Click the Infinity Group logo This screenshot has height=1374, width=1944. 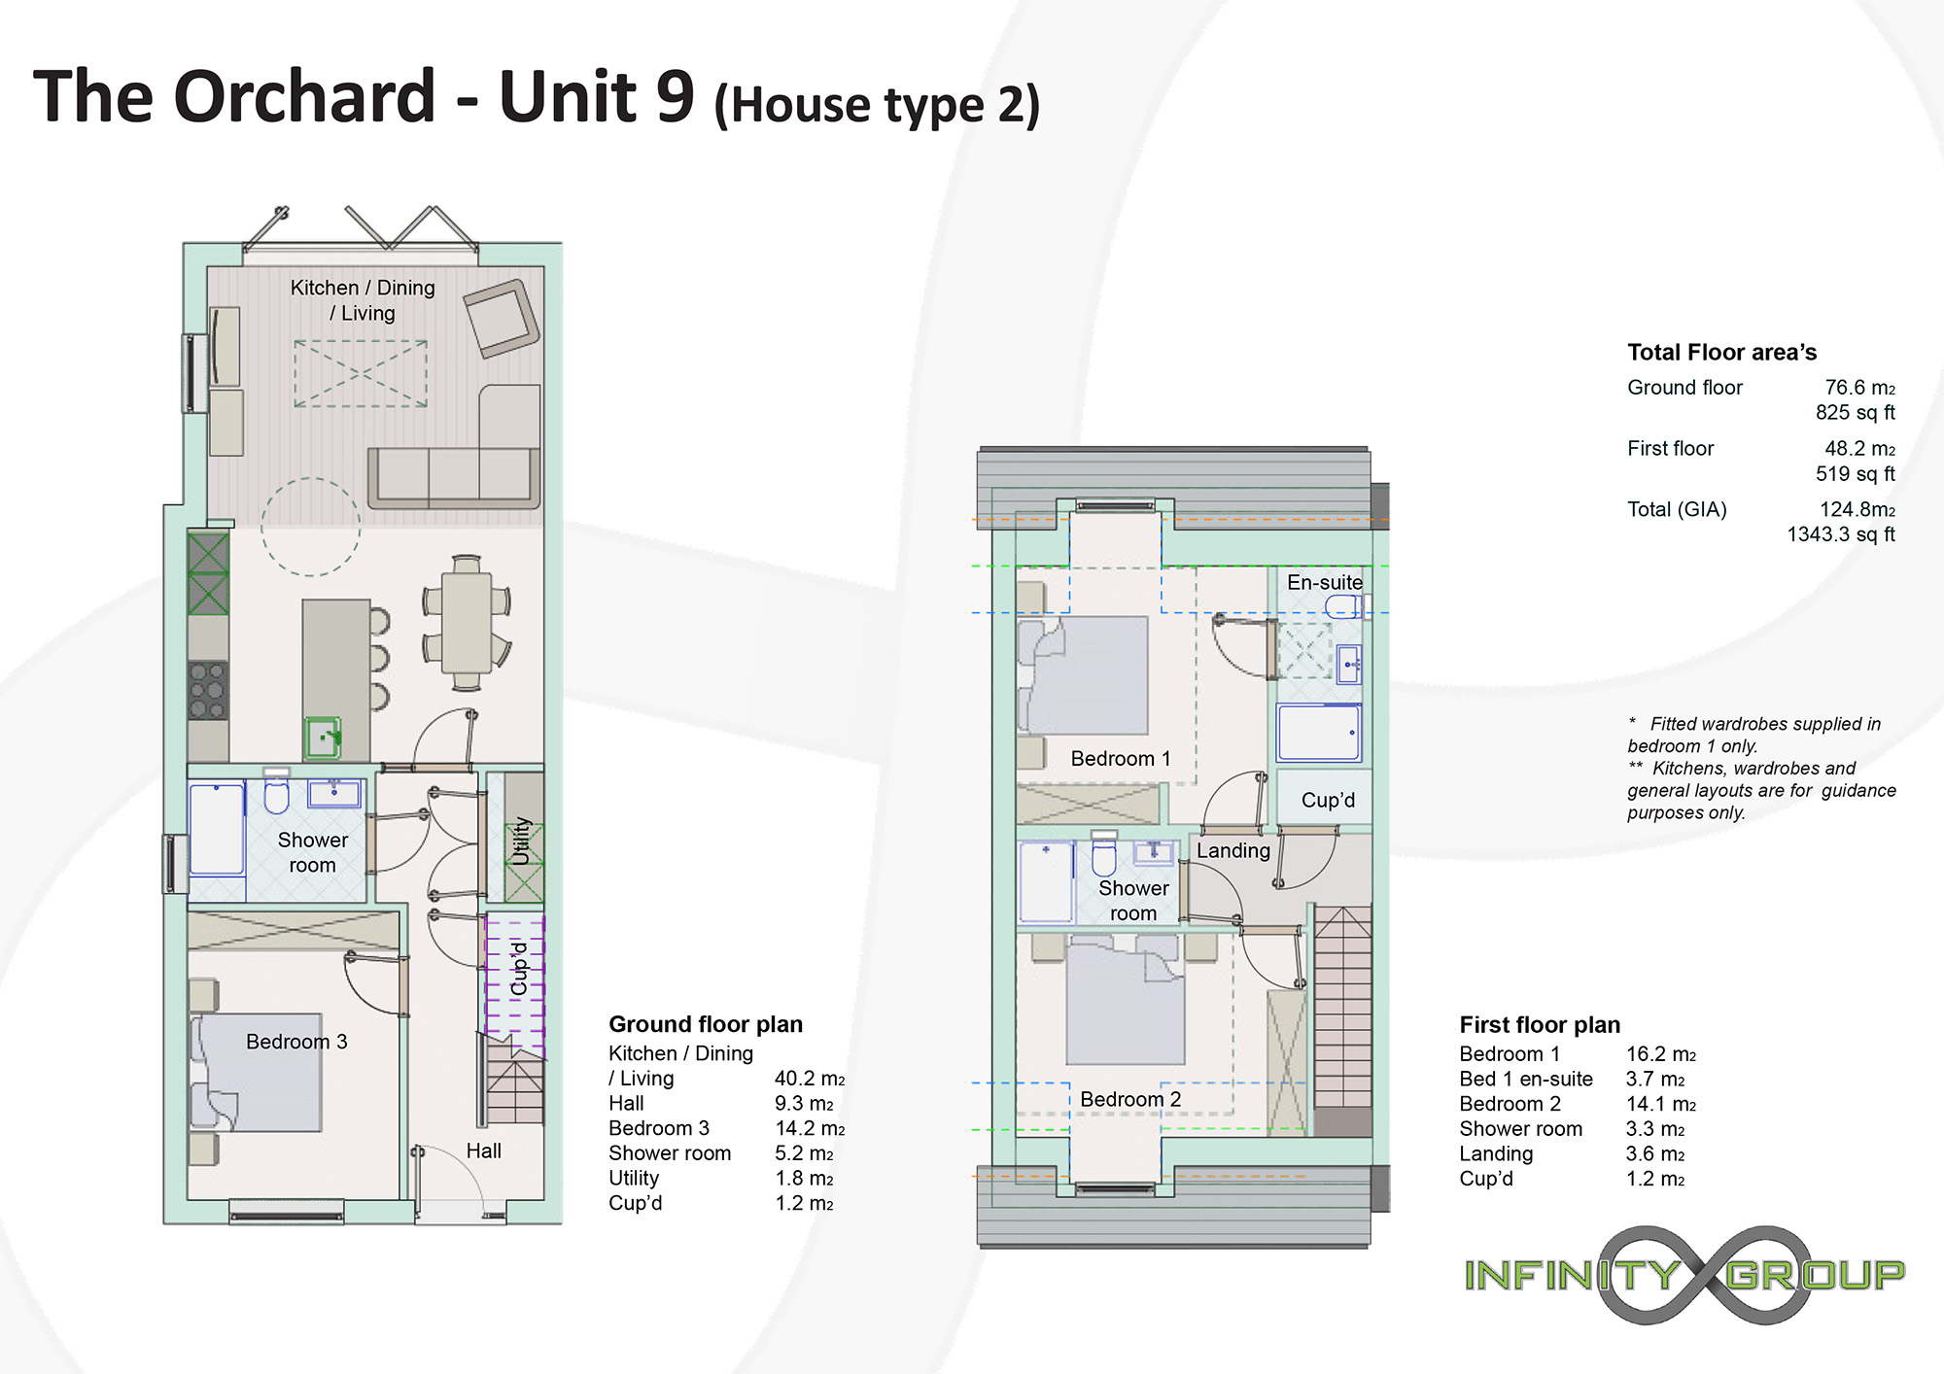tap(1684, 1275)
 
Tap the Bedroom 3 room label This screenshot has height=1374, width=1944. tap(296, 1042)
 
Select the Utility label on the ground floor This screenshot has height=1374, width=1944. tap(522, 841)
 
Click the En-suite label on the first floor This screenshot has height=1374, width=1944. tap(1325, 582)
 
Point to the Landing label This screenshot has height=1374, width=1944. tap(1233, 851)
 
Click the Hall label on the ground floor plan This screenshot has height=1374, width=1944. tap(483, 1151)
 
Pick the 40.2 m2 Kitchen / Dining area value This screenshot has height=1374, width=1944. tap(810, 1079)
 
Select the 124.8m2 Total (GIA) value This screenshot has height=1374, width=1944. tap(1857, 509)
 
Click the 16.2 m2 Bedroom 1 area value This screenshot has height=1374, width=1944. tap(1661, 1054)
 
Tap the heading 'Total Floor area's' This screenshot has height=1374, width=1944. tap(1722, 352)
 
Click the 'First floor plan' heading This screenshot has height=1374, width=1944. tap(1540, 1025)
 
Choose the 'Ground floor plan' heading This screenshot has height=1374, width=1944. tap(706, 1024)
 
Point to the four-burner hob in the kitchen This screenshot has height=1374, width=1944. tap(208, 690)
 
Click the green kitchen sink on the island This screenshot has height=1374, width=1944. tap(323, 738)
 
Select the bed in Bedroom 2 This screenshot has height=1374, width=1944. tap(1126, 1000)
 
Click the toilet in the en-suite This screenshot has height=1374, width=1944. tap(1344, 606)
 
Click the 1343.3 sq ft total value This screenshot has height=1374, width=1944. tap(1841, 534)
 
